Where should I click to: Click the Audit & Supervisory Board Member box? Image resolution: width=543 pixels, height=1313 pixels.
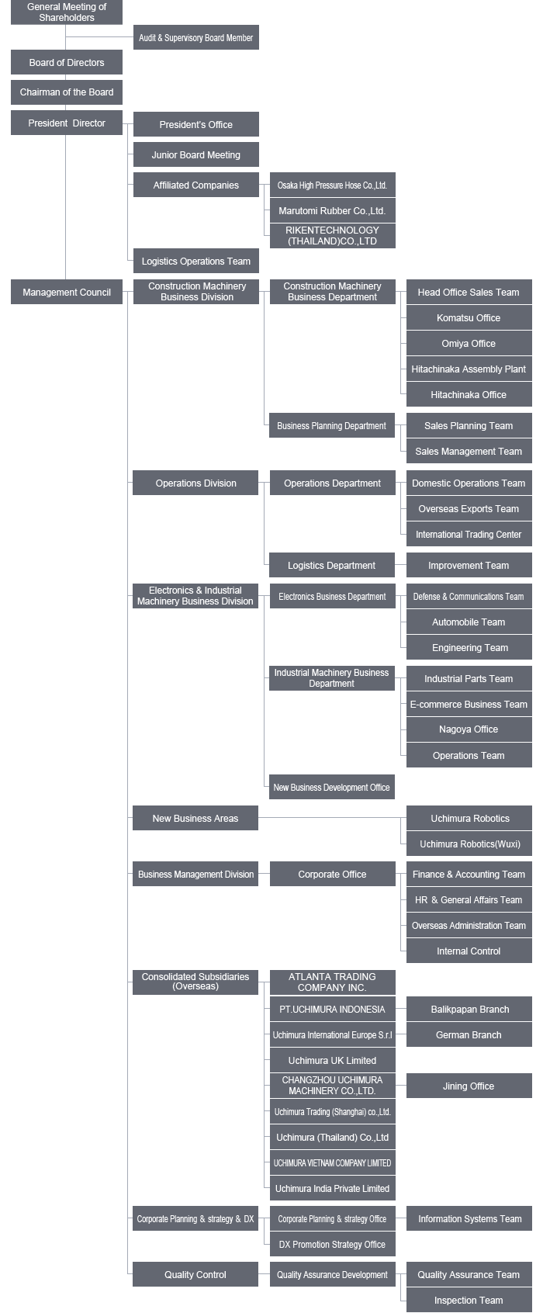[x=195, y=37]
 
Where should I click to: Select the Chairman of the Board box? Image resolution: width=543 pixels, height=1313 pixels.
[x=67, y=92]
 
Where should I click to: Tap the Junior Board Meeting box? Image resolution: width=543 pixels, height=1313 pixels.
[x=195, y=154]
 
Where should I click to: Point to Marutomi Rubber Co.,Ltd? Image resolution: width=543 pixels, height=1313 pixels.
[x=332, y=210]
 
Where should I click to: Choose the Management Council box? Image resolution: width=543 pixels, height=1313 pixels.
[x=67, y=292]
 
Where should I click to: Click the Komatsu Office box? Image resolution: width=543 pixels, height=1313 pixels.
[x=469, y=317]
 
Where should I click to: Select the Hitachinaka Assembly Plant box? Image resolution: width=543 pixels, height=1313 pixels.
[x=469, y=369]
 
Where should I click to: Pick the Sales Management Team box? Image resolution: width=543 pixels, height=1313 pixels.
[x=469, y=452]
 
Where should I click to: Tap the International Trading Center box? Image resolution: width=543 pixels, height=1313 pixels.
[x=469, y=534]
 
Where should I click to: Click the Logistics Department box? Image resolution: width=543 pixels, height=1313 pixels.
[x=331, y=565]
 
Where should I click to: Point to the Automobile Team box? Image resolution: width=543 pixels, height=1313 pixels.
[x=469, y=622]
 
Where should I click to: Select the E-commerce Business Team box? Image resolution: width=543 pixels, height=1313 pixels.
[x=469, y=704]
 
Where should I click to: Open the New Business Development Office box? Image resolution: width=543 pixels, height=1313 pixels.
[x=331, y=787]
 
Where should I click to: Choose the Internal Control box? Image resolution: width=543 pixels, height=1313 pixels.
[x=469, y=951]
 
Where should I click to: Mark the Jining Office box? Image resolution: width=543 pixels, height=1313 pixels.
[x=469, y=1086]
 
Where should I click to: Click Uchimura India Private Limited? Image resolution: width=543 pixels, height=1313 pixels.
[x=332, y=1188]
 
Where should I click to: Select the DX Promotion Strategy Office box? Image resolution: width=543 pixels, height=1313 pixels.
[x=332, y=1244]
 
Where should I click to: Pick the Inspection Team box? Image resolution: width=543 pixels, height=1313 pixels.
[x=469, y=1300]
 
